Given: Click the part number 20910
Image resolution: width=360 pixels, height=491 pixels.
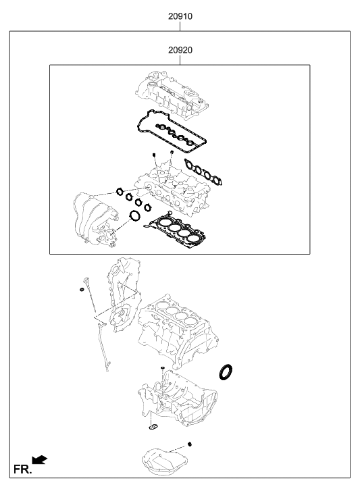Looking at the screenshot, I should pos(181,15).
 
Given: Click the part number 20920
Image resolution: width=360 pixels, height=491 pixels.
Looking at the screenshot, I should pos(181,50).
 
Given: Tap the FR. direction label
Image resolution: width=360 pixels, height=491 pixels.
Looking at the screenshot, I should pos(22,468).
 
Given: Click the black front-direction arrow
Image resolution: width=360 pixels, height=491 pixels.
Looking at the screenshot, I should pos(41,460).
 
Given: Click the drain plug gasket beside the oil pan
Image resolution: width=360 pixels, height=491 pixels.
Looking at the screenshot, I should pos(190,444).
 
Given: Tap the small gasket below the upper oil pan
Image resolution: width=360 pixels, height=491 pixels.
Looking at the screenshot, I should pos(152,426).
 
